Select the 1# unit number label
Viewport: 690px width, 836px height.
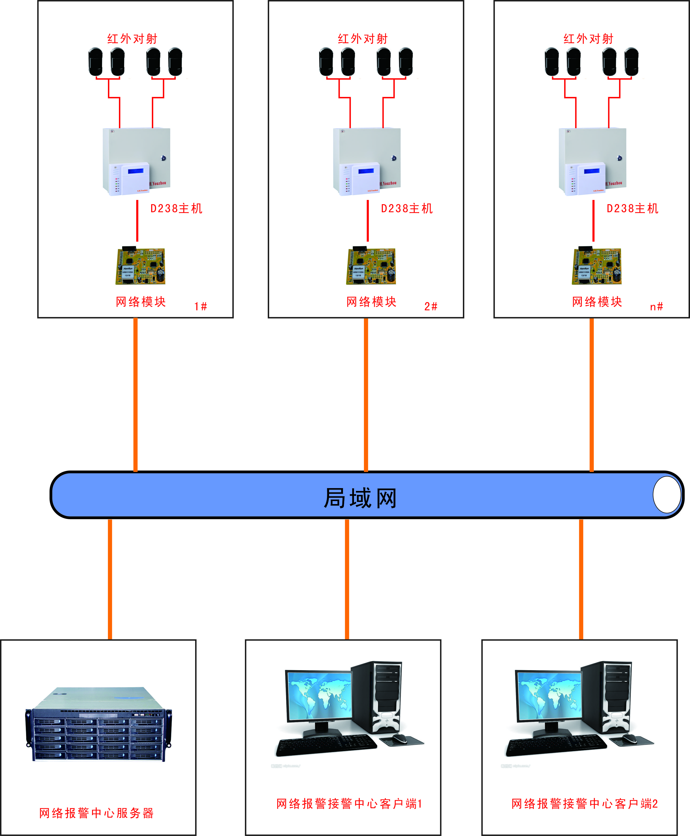pyautogui.click(x=200, y=306)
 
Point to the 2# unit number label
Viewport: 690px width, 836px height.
pyautogui.click(x=430, y=306)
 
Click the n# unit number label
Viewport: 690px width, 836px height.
pyautogui.click(x=656, y=306)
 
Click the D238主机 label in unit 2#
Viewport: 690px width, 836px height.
pyautogui.click(x=407, y=208)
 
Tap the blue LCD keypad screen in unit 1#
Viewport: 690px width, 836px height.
pyautogui.click(x=136, y=171)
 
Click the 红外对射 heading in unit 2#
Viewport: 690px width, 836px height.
pyautogui.click(x=363, y=39)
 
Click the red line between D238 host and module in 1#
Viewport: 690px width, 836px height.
pyautogui.click(x=137, y=221)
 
